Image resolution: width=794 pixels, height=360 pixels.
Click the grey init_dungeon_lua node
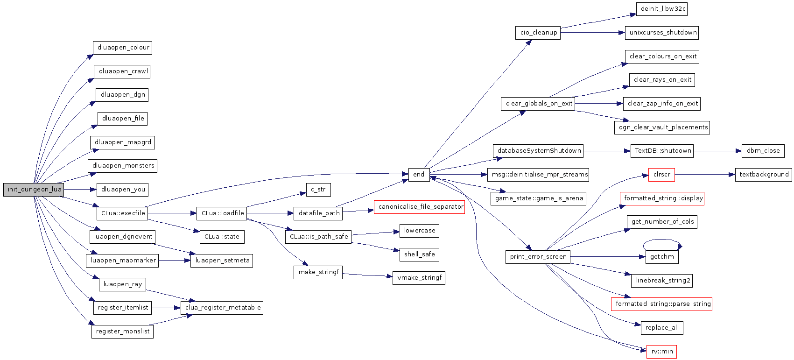pyautogui.click(x=34, y=190)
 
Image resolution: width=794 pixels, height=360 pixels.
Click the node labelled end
pyautogui.click(x=419, y=175)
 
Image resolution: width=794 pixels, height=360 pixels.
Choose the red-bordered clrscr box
pyautogui.click(x=661, y=175)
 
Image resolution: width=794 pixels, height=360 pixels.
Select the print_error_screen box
pyautogui.click(x=538, y=257)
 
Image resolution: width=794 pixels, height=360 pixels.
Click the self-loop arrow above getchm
pyautogui.click(x=662, y=240)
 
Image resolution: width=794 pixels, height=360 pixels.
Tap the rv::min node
pyautogui.click(x=661, y=352)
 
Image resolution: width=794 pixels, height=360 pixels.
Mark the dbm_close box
pyautogui.click(x=763, y=151)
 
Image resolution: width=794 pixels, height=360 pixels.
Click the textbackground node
pyautogui.click(x=763, y=175)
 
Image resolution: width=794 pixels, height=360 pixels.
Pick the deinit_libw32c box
pyautogui.click(x=662, y=9)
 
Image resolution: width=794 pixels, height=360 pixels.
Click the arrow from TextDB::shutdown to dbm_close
pyautogui.click(x=717, y=151)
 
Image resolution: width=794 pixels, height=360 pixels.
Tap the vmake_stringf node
pyautogui.click(x=419, y=278)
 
